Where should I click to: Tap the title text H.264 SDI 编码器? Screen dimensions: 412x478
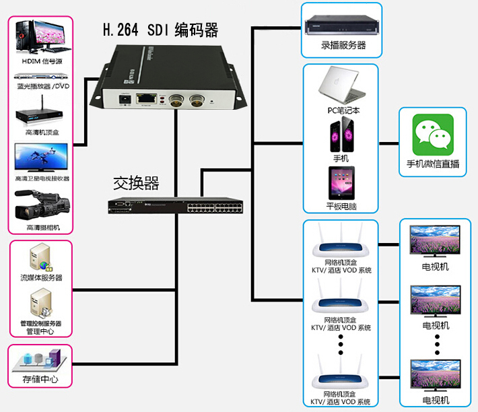click(x=160, y=30)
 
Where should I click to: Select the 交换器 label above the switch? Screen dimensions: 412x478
click(x=136, y=182)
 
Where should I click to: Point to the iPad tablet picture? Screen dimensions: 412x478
click(x=342, y=183)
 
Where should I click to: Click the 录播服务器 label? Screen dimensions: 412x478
click(x=343, y=46)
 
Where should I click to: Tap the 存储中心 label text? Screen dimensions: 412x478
click(x=40, y=380)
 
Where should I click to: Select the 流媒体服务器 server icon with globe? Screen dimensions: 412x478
click(x=40, y=256)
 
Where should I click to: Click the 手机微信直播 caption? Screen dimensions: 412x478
click(x=433, y=164)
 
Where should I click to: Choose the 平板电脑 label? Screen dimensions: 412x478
click(x=342, y=207)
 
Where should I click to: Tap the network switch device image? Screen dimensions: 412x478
click(x=177, y=205)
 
